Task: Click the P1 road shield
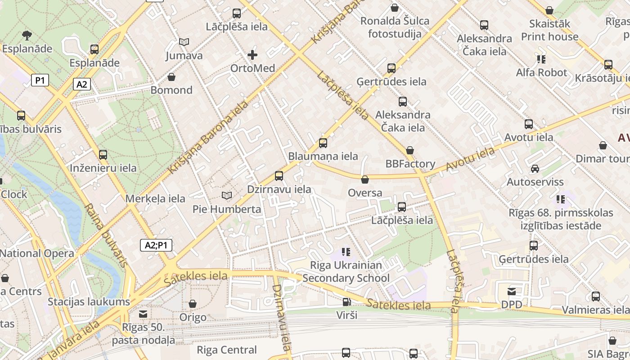click(x=40, y=81)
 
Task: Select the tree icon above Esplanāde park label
click(x=27, y=35)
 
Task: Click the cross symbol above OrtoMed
click(x=252, y=55)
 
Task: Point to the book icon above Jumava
click(x=184, y=42)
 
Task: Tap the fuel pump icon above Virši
click(x=346, y=302)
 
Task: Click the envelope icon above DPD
click(x=512, y=292)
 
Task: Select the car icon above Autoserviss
click(x=535, y=169)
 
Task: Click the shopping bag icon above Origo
click(x=193, y=304)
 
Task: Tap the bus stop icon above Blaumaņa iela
click(x=323, y=143)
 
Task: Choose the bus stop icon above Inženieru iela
click(x=103, y=155)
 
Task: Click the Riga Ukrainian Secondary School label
click(x=346, y=271)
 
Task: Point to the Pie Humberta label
click(x=227, y=209)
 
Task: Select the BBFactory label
click(x=410, y=164)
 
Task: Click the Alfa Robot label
click(x=541, y=72)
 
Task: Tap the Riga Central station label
click(x=227, y=350)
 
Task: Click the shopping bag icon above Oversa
click(x=365, y=180)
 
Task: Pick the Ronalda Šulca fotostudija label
click(x=395, y=27)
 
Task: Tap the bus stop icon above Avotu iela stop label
click(x=528, y=124)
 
